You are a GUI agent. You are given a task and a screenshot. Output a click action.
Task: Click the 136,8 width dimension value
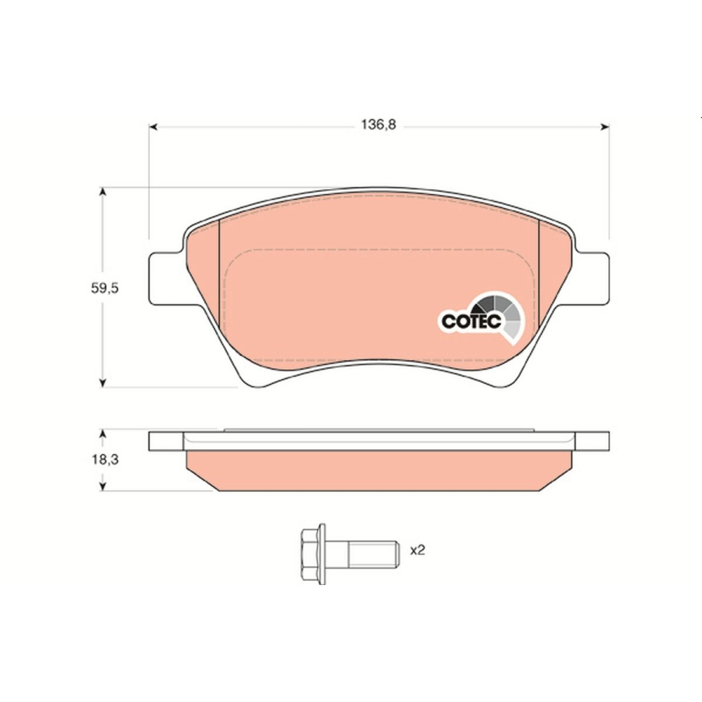click(x=378, y=125)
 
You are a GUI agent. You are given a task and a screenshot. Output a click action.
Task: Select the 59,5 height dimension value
click(x=105, y=288)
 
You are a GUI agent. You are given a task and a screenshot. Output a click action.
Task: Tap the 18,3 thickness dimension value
click(x=105, y=460)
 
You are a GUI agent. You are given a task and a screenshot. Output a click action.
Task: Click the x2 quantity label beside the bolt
click(x=417, y=550)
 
